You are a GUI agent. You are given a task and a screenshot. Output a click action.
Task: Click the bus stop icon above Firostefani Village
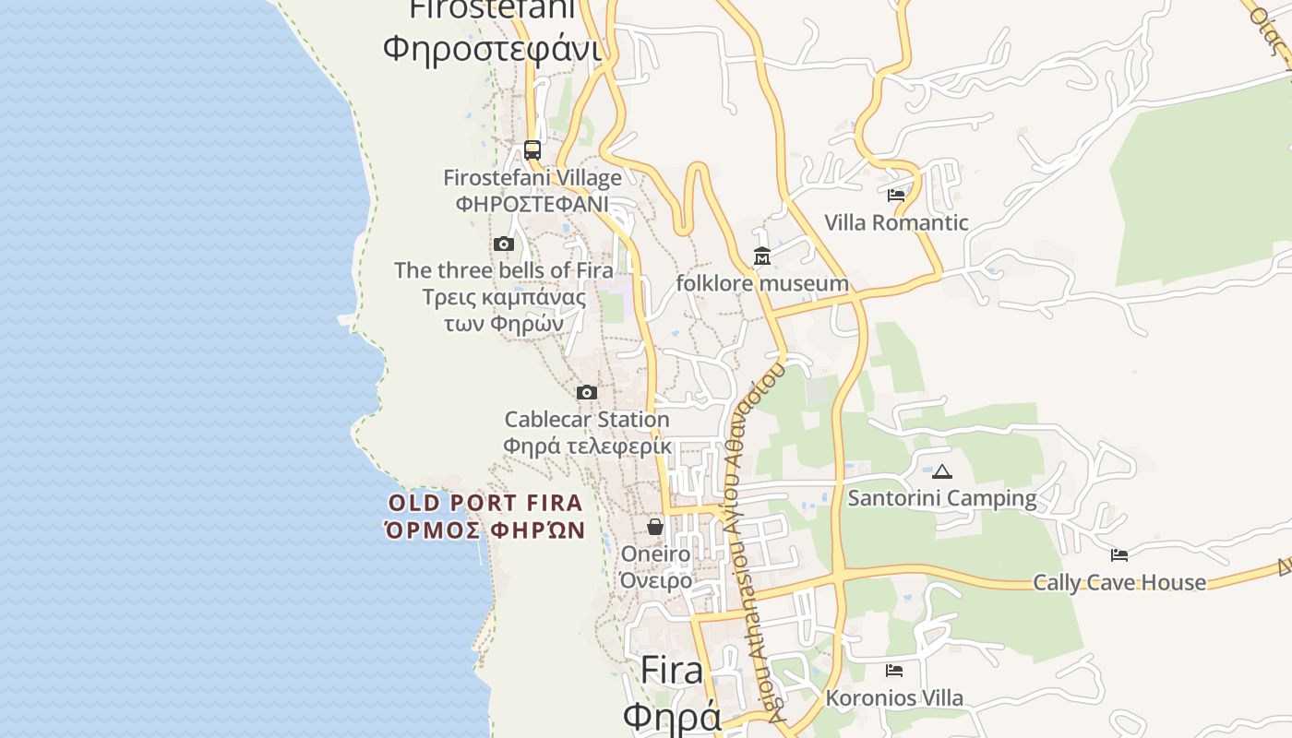532,149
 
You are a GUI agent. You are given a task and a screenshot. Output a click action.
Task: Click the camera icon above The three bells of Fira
504,244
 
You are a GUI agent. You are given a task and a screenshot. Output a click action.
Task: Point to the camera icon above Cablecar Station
587,393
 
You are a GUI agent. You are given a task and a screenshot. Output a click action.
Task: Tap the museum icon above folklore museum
762,256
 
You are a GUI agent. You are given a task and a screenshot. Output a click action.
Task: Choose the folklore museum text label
762,283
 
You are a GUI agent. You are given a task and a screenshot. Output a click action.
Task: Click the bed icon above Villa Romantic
896,196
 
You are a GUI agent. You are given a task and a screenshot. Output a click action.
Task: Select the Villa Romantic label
896,222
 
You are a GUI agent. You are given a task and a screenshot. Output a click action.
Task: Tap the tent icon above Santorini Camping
942,472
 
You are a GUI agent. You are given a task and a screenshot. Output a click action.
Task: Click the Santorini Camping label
942,498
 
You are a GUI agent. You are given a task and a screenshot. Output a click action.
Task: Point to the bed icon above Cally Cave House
1119,555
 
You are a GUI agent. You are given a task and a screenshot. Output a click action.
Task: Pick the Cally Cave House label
1119,583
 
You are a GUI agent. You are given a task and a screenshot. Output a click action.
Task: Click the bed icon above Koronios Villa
894,671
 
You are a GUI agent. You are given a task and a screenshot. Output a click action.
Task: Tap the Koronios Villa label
894,698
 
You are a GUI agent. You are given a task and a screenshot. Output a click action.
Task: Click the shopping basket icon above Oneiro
655,527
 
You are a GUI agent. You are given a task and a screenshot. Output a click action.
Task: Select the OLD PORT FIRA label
485,504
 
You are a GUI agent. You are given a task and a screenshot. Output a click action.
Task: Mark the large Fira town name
672,670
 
